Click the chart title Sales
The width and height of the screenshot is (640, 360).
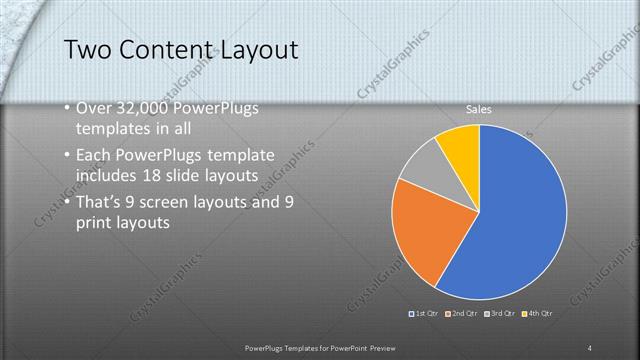pyautogui.click(x=480, y=109)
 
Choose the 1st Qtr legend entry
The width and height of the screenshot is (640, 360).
pyautogui.click(x=425, y=314)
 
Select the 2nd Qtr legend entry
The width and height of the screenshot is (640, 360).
pyautogui.click(x=462, y=314)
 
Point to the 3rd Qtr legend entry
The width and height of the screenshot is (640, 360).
pyautogui.click(x=499, y=314)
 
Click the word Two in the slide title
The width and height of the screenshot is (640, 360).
pyautogui.click(x=88, y=50)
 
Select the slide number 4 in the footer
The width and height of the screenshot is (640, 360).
pyautogui.click(x=590, y=347)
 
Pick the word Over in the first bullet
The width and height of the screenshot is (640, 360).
pyautogui.click(x=94, y=108)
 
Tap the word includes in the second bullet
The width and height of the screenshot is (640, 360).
pyautogui.click(x=108, y=176)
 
